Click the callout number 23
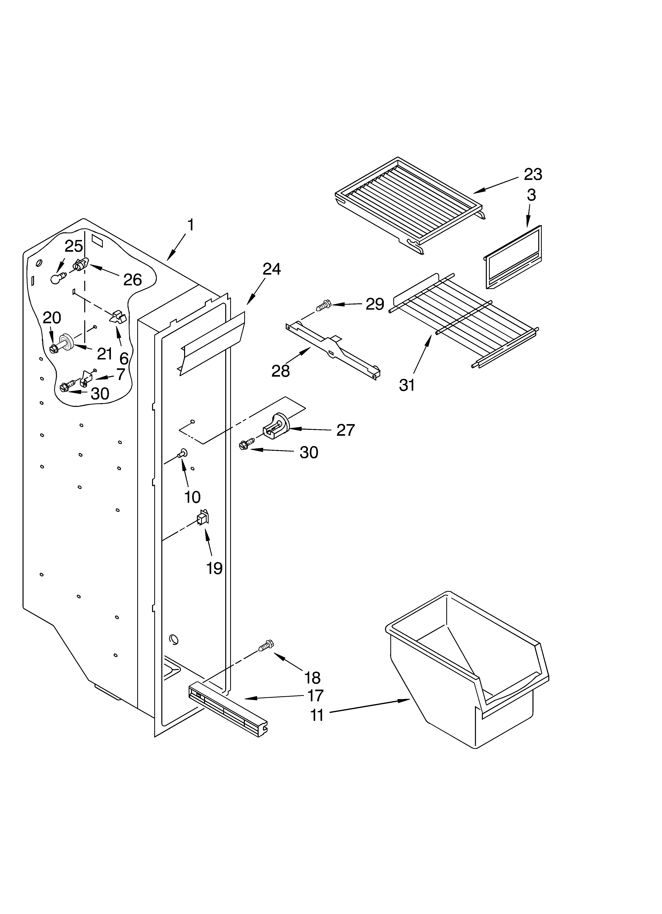532,175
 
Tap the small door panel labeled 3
513,258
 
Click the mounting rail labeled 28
333,345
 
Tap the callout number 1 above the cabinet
190,225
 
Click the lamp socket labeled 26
81,265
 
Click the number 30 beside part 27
309,452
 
